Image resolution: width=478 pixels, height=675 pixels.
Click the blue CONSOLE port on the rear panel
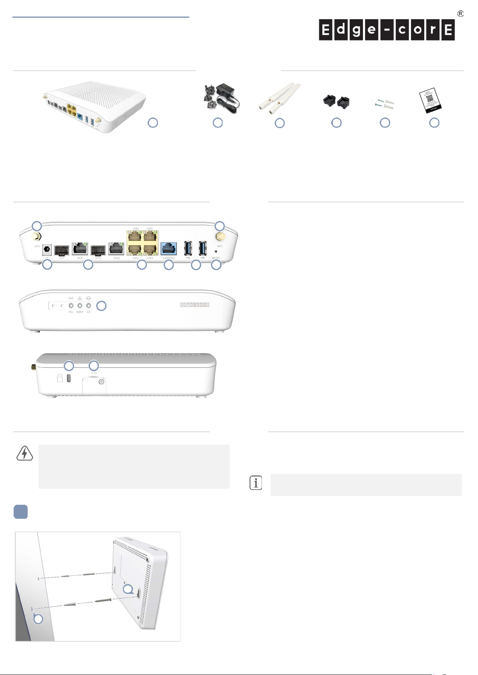[169, 249]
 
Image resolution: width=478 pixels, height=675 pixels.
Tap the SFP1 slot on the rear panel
[62, 250]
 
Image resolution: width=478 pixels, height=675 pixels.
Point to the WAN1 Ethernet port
[80, 249]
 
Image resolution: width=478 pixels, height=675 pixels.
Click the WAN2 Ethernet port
[116, 249]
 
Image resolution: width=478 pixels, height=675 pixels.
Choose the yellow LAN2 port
[135, 236]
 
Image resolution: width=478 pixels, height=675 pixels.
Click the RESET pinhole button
[216, 252]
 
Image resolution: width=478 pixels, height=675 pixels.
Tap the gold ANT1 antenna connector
[220, 237]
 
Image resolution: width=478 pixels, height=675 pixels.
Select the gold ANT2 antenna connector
[37, 237]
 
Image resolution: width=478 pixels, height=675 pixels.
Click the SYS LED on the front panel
[89, 306]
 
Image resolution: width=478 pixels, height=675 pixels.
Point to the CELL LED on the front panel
[71, 306]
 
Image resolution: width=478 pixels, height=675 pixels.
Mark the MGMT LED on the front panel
[80, 306]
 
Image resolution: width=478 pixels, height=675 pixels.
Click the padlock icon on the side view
[60, 378]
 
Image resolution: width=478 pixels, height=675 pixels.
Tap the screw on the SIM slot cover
[101, 382]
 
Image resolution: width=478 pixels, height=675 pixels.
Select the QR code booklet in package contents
[431, 100]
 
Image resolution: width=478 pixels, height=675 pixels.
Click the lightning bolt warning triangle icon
[25, 453]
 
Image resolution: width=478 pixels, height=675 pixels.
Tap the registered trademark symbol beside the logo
[460, 14]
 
